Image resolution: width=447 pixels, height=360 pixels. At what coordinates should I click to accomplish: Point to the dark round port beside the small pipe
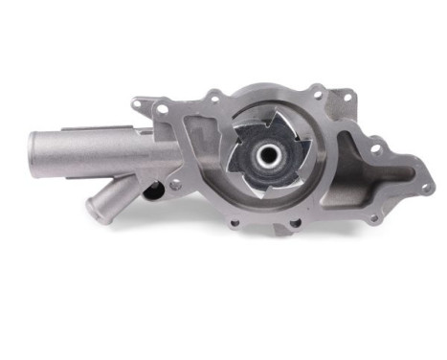150,191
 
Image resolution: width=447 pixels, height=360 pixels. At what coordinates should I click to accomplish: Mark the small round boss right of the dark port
174,184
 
